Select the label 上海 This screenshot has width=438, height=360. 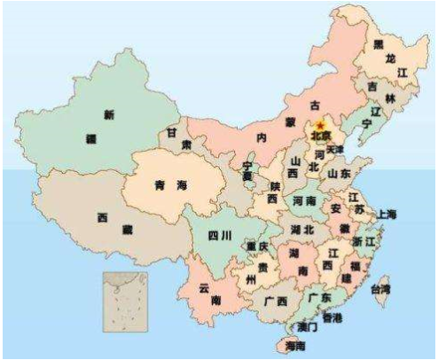pos(387,214)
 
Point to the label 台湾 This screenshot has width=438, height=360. pos(379,290)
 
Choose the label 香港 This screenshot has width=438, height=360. pos(332,317)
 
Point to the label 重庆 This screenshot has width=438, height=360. pos(257,246)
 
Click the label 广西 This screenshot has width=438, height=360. pos(275,301)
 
